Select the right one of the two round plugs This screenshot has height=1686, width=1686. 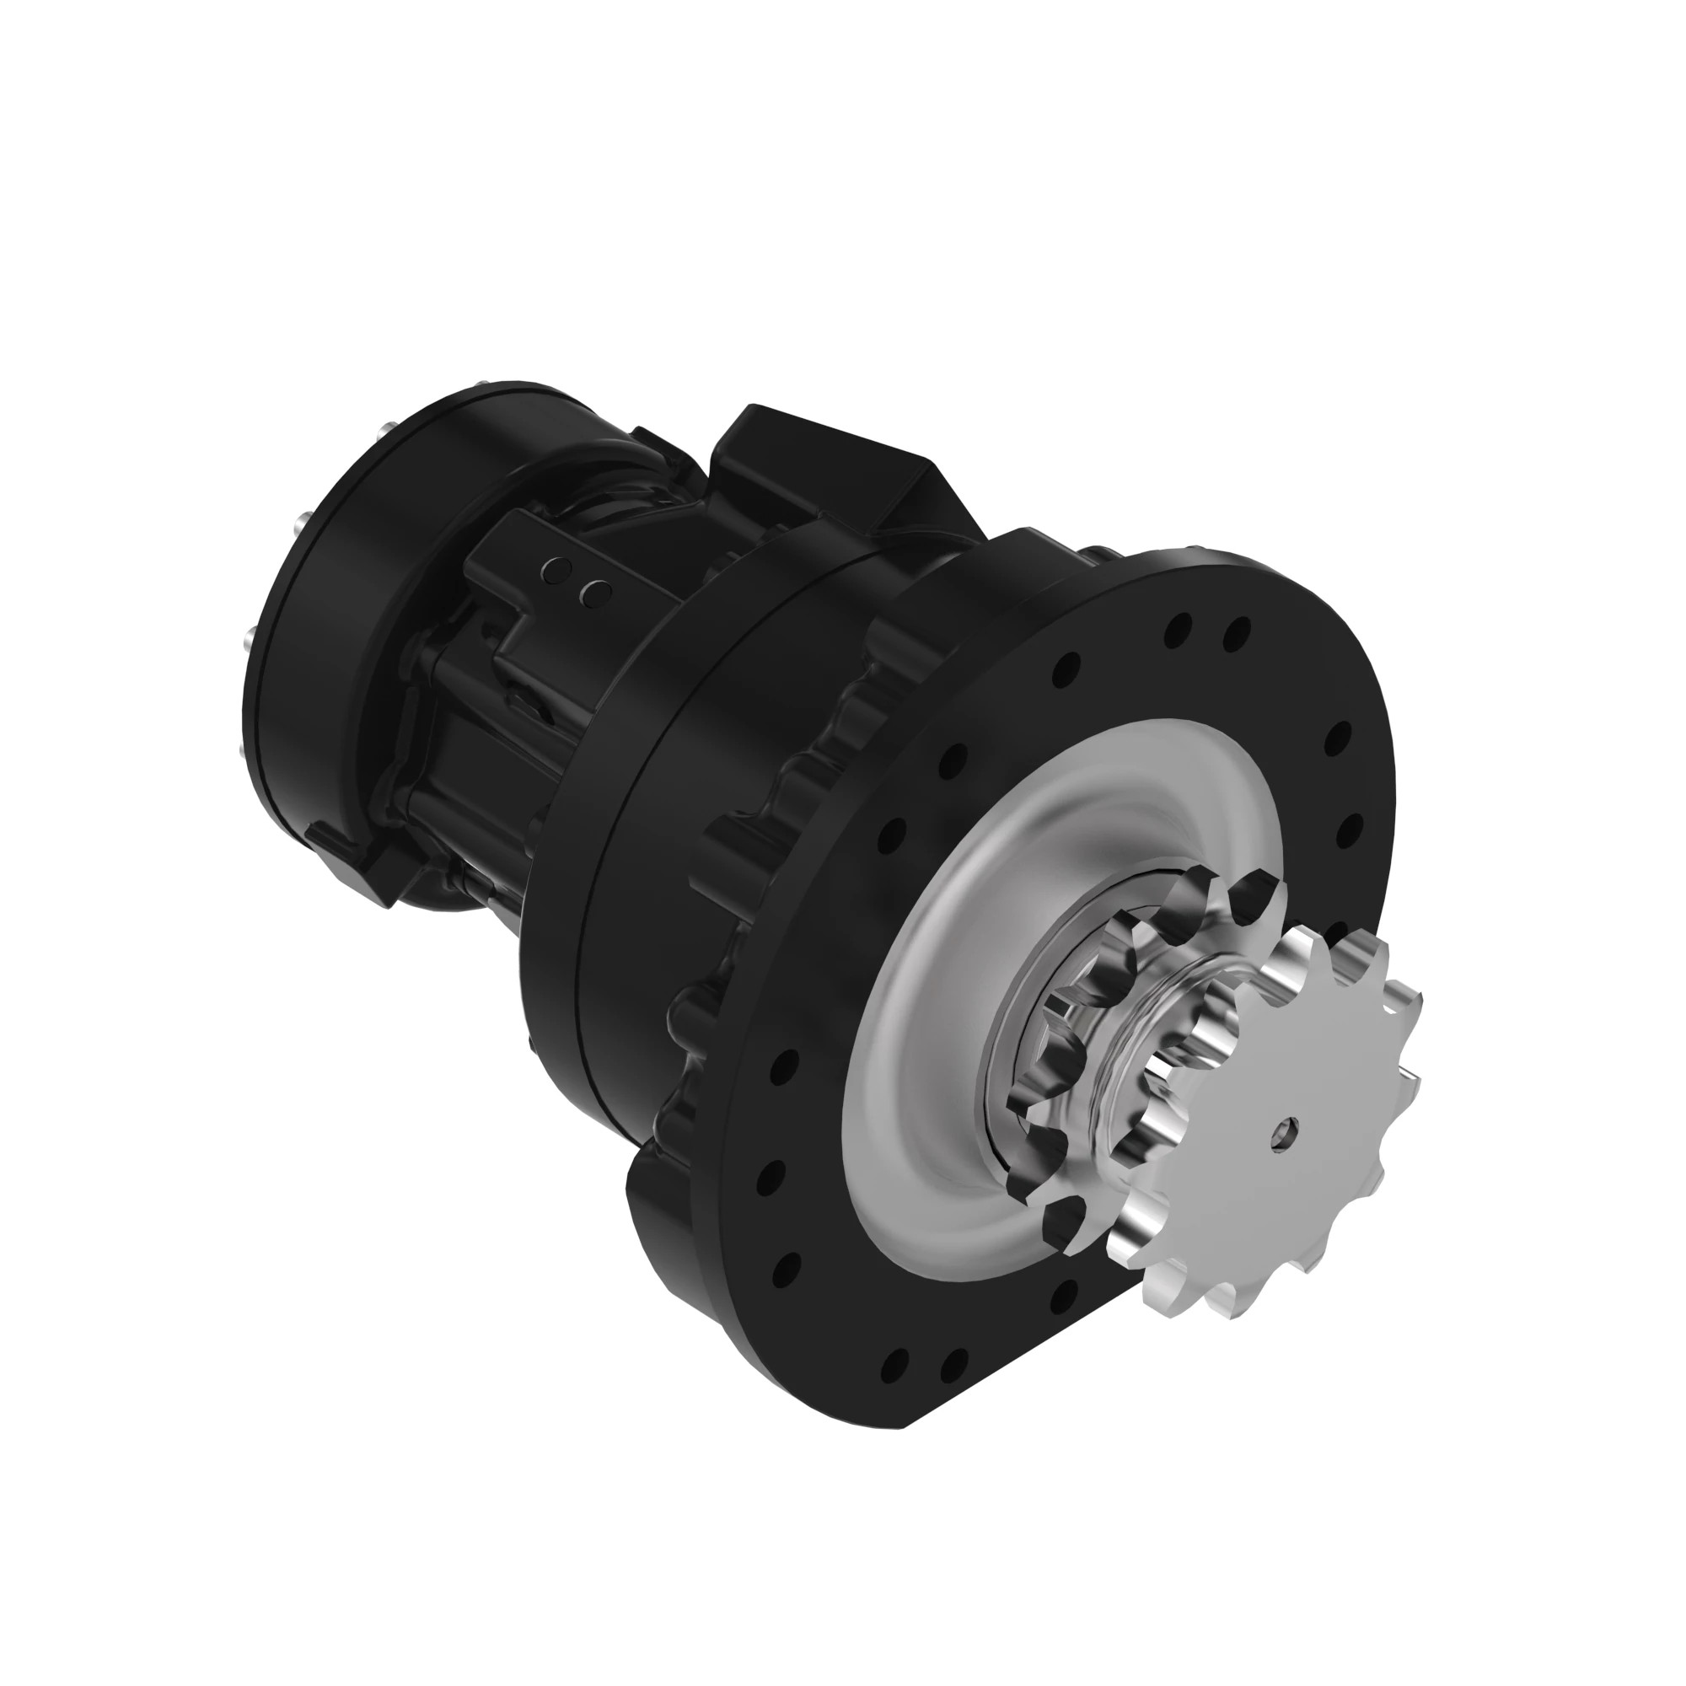596,593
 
